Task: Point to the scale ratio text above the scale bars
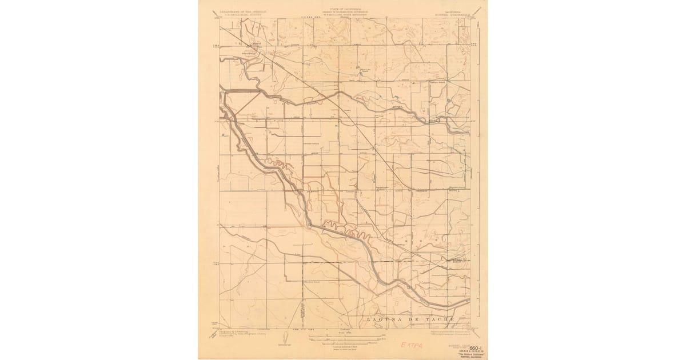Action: pyautogui.click(x=342, y=331)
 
